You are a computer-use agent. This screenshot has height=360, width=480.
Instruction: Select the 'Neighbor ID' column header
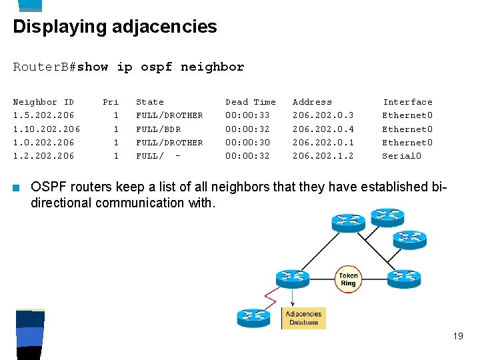coord(43,102)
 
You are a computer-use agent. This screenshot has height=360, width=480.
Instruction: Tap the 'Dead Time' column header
coord(250,102)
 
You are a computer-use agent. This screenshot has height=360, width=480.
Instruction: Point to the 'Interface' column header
coord(407,102)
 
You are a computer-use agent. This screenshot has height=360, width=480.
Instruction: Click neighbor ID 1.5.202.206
coord(43,115)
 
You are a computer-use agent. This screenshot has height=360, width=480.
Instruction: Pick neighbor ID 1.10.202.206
coord(47,129)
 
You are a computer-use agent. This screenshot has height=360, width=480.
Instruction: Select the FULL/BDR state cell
coord(158,129)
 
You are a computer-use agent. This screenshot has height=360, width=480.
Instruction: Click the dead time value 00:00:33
coord(247,115)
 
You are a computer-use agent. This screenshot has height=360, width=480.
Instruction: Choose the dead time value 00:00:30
coord(247,143)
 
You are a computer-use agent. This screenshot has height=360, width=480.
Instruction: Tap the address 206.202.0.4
coord(323,129)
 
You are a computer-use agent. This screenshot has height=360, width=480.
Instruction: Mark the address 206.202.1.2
coord(323,156)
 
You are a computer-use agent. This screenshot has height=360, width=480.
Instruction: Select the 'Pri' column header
coord(111,102)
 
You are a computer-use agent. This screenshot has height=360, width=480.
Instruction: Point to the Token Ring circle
coord(348,279)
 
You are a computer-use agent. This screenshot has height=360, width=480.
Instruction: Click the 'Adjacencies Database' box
coord(303,318)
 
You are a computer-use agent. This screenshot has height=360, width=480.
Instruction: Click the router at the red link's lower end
coord(253,317)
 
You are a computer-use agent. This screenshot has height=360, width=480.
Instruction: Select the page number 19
coord(457,336)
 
